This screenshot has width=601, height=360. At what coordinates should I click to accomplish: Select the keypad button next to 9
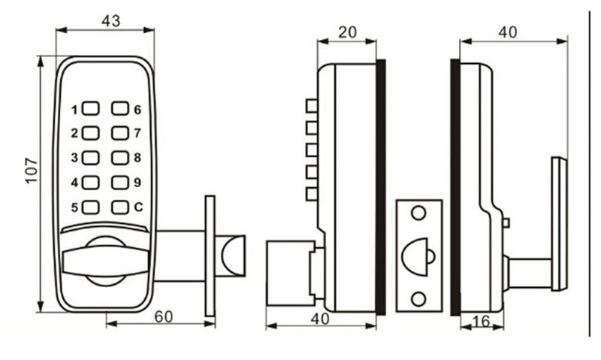click(x=120, y=182)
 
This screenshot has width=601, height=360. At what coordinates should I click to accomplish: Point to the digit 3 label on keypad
click(x=74, y=159)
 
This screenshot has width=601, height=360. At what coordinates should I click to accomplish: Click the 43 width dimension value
click(x=110, y=21)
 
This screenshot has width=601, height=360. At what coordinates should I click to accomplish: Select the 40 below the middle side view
click(x=321, y=318)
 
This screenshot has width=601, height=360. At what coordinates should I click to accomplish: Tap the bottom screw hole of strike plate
click(x=417, y=298)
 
